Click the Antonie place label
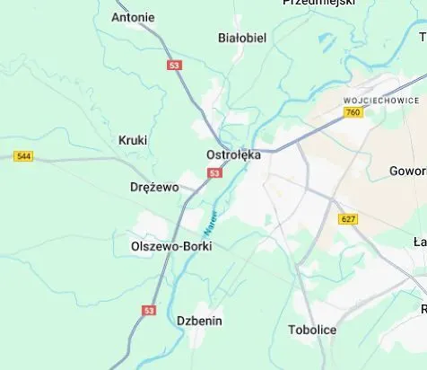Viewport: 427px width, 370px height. click(133, 17)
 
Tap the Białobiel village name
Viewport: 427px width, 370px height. click(242, 38)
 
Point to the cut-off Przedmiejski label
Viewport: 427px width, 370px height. click(318, 3)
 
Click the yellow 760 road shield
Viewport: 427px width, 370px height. click(353, 113)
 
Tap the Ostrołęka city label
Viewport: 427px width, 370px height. click(233, 154)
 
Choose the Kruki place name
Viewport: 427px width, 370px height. click(133, 140)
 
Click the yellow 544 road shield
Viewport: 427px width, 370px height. click(24, 156)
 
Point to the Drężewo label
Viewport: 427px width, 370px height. click(154, 188)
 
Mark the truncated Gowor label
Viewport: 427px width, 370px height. click(407, 171)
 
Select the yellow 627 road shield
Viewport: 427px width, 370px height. click(348, 219)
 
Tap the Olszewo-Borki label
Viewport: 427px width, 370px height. click(171, 245)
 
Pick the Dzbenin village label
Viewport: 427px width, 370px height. click(199, 321)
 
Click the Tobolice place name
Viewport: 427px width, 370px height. click(312, 330)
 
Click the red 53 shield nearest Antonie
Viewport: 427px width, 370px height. click(174, 66)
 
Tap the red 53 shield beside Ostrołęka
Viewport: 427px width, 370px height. click(213, 173)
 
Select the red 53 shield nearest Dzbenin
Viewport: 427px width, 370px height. click(149, 310)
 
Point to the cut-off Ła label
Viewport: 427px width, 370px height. click(419, 242)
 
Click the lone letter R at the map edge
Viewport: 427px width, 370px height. click(423, 309)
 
